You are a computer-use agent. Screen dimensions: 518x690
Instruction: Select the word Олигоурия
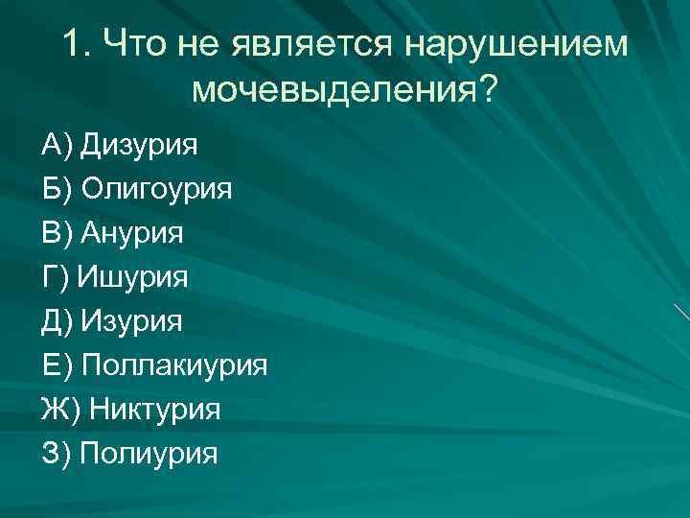(156, 189)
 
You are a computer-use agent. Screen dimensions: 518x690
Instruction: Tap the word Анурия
(132, 233)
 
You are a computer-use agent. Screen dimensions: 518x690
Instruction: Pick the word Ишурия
(132, 277)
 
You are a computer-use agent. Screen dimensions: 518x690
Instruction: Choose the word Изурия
(131, 321)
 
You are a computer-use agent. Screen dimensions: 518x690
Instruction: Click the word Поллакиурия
(174, 365)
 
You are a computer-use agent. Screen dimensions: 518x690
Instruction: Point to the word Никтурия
(155, 410)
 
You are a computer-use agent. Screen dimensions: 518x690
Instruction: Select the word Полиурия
(149, 454)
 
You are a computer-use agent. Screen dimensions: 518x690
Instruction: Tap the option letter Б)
(57, 189)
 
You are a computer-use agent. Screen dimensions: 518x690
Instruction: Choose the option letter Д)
(57, 321)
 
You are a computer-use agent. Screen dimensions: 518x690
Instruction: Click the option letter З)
(57, 454)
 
